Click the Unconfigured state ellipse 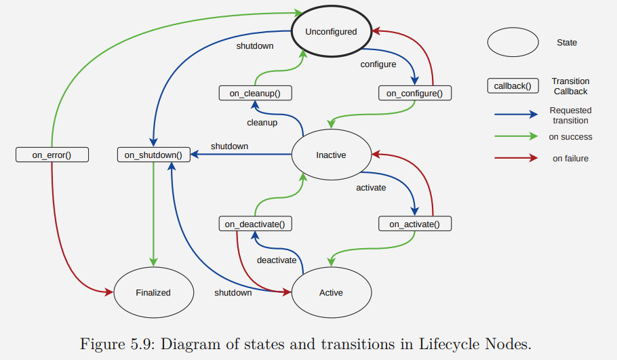[331, 31]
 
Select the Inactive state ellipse [331, 155]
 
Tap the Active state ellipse [331, 293]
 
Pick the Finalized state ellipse [153, 293]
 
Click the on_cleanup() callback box [250, 93]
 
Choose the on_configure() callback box [414, 93]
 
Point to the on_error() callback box [52, 155]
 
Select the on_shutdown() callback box [153, 155]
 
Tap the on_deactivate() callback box [254, 224]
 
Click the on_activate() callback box [414, 224]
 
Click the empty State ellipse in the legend [513, 42]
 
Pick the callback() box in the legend [513, 86]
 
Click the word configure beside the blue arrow [378, 64]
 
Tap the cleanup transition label [262, 123]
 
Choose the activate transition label [371, 187]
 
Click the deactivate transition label [277, 260]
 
